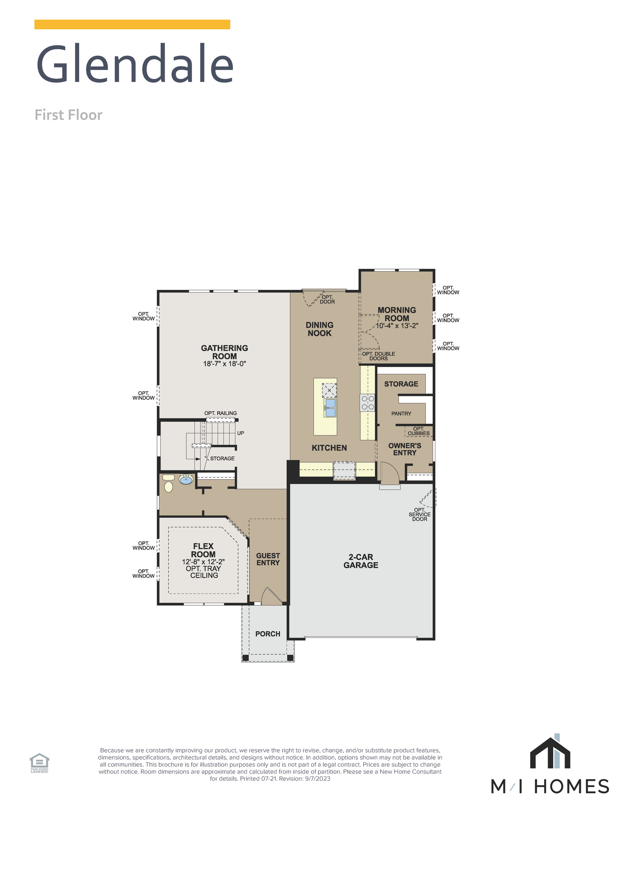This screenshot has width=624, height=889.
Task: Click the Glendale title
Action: tap(135, 64)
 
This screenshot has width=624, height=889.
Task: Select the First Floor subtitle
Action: tap(68, 115)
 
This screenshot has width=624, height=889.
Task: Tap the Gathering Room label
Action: tap(224, 352)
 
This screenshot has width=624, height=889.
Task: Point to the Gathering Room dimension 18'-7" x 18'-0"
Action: tap(224, 363)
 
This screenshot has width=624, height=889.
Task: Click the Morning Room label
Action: tap(397, 314)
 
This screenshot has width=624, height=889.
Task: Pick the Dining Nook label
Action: tap(319, 329)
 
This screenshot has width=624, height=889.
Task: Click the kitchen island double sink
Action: tap(330, 408)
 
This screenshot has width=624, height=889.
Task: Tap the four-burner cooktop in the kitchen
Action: tap(367, 403)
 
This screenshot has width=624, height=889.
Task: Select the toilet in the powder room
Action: tap(169, 485)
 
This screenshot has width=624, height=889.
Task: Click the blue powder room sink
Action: tap(186, 480)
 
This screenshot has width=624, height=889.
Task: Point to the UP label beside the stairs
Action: tap(240, 433)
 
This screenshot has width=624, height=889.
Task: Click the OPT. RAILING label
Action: tap(220, 413)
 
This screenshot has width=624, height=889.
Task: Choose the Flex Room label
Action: tap(203, 550)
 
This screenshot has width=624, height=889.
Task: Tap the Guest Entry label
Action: tap(268, 559)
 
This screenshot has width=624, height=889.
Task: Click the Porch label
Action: tap(267, 634)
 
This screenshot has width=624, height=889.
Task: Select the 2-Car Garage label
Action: tap(360, 561)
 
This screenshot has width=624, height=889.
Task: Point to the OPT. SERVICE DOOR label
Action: tap(419, 514)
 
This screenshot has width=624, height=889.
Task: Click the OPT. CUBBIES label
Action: tap(418, 431)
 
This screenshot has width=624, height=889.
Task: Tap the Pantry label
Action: tap(401, 414)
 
